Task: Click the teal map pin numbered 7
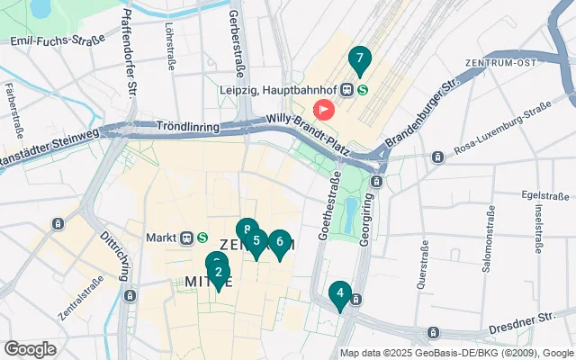tap(359, 60)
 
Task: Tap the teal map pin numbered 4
tap(339, 293)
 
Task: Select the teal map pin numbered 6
tap(280, 242)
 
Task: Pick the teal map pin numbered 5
tap(256, 241)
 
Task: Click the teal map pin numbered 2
tap(219, 273)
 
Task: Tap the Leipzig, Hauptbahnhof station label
tap(287, 90)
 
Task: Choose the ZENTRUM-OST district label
tap(501, 63)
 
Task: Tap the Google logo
tap(31, 348)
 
